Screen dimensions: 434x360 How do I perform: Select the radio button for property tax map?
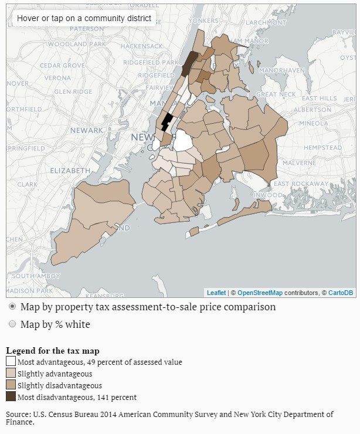[x=12, y=307]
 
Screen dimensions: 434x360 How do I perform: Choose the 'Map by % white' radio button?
[x=12, y=324]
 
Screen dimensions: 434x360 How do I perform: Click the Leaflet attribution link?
[x=216, y=293]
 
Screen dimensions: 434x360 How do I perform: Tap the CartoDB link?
[x=340, y=293]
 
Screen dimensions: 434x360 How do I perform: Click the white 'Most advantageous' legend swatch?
[x=11, y=362]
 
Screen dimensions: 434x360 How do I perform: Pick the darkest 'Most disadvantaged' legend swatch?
[x=11, y=397]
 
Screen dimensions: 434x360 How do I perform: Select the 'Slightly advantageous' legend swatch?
[x=11, y=374]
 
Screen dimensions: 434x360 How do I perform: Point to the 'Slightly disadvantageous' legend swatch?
[x=11, y=385]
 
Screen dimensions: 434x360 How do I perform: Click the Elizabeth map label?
[x=70, y=170]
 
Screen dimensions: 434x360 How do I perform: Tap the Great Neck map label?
[x=276, y=94]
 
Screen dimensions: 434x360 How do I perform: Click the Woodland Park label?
[x=67, y=44]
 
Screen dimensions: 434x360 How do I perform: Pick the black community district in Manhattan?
[x=166, y=122]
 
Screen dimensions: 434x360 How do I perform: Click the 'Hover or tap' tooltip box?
[x=84, y=18]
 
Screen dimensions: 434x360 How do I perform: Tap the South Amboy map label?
[x=32, y=276]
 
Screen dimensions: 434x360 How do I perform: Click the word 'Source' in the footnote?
[x=18, y=414]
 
